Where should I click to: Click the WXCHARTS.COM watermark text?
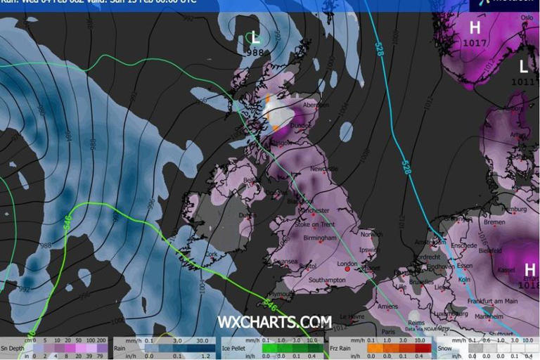click(x=274, y=321)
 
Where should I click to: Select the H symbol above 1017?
click(x=475, y=28)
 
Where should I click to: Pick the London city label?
click(x=348, y=264)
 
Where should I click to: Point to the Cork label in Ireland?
click(x=212, y=254)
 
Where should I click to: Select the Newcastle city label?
click(x=326, y=169)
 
